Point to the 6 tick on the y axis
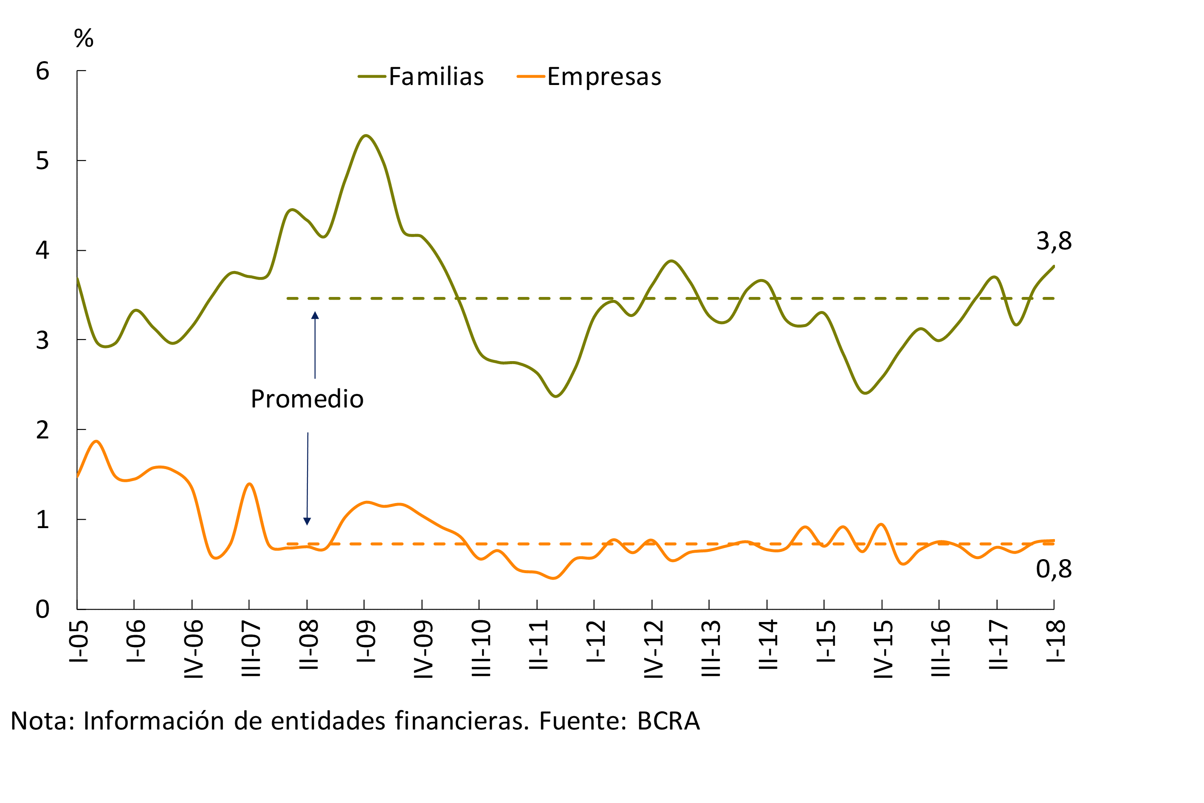click(x=42, y=71)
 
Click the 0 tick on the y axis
click(x=42, y=609)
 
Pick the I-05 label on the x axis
click(x=79, y=642)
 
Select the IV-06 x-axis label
click(x=194, y=649)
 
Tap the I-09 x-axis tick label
click(x=366, y=642)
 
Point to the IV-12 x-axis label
click(x=653, y=649)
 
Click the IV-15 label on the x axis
click(x=883, y=649)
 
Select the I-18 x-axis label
click(x=1055, y=642)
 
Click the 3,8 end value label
click(x=1054, y=241)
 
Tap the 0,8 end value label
click(x=1054, y=569)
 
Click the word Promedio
click(x=307, y=399)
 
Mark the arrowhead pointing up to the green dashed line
click(x=315, y=315)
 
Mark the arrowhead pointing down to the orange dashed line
click(x=307, y=521)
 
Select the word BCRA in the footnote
click(x=668, y=721)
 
